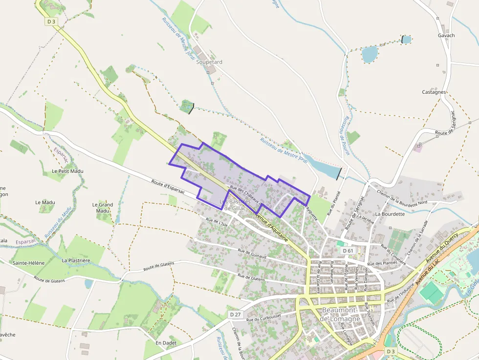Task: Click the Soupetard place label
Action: (209, 62)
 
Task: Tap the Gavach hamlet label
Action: (446, 35)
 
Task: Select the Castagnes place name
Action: (434, 92)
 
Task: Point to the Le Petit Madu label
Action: (67, 171)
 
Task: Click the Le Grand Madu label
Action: (103, 208)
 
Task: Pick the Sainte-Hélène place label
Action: (29, 263)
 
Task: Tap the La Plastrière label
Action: (76, 261)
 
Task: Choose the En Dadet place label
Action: (166, 343)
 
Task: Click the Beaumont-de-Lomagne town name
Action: (341, 315)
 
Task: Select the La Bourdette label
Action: (390, 214)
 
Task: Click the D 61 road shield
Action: (348, 251)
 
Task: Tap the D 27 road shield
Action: (235, 314)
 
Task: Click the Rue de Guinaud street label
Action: (252, 254)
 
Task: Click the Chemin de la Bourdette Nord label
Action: (402, 197)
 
